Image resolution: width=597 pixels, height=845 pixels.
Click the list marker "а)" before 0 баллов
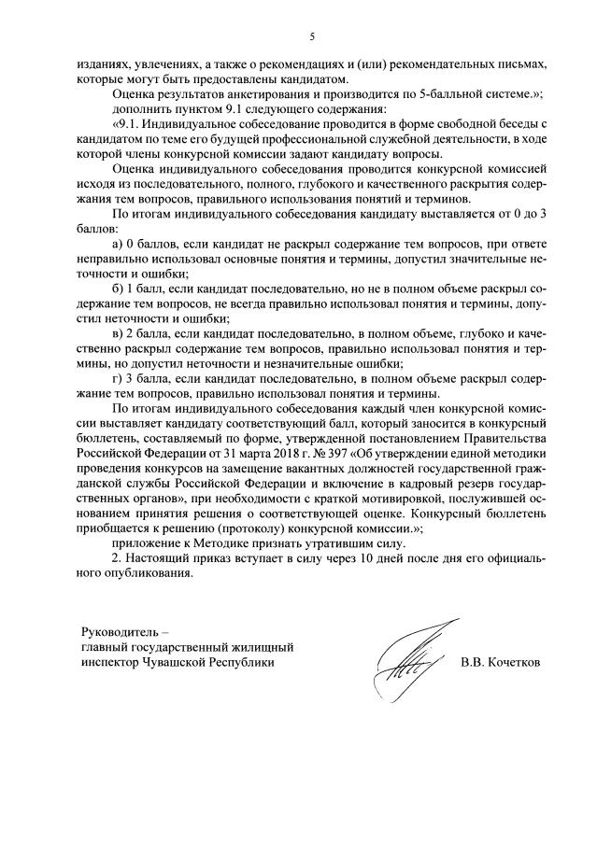pyautogui.click(x=116, y=244)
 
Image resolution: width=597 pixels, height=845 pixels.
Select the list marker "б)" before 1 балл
pyautogui.click(x=116, y=288)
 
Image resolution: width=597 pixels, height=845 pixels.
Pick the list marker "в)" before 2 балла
pyautogui.click(x=116, y=331)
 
